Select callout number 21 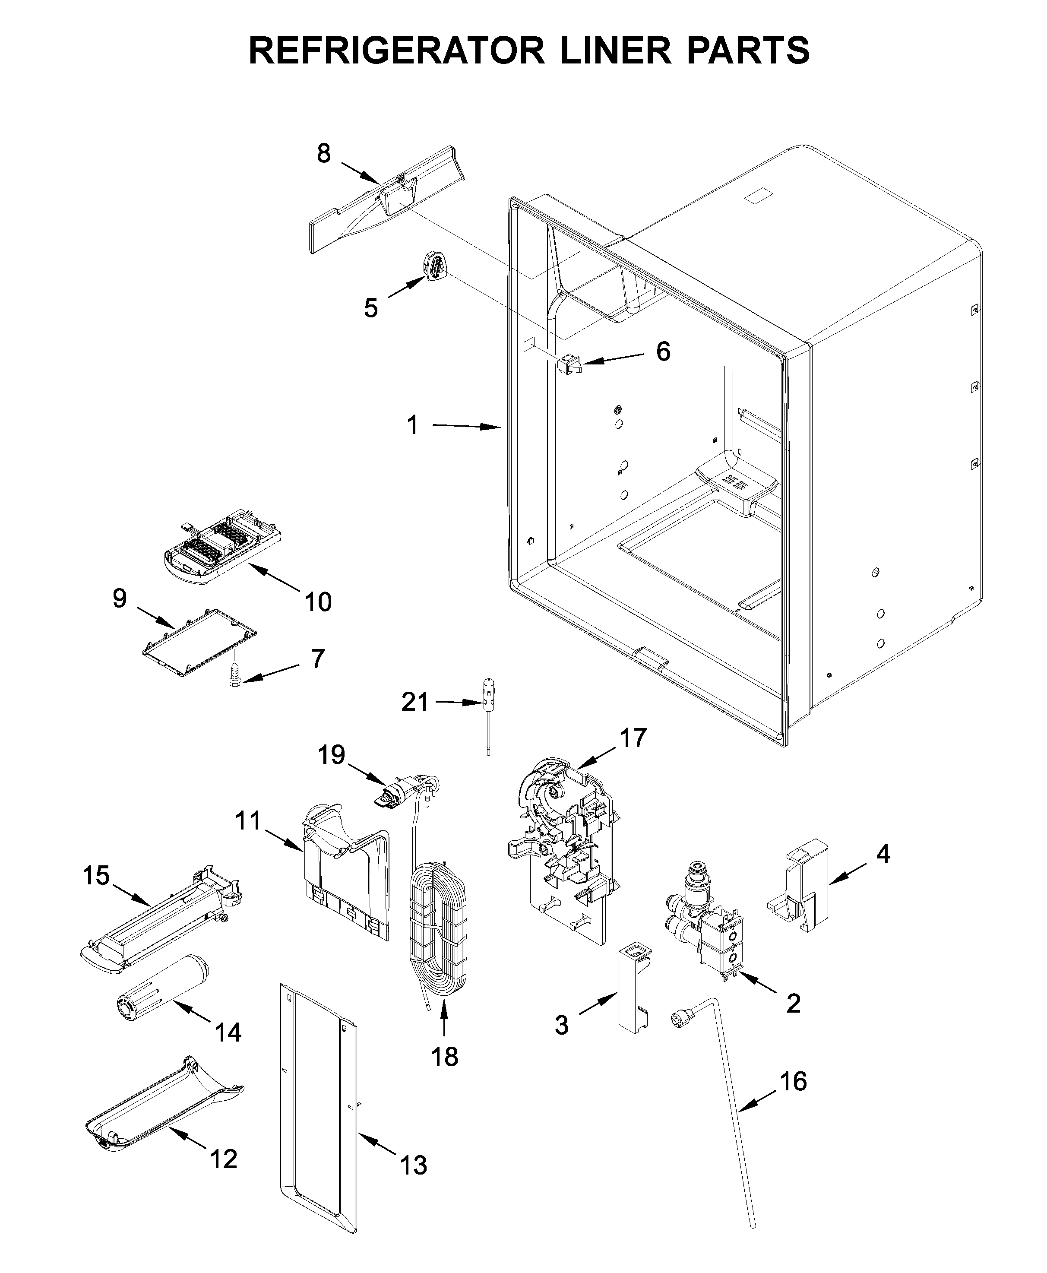415,702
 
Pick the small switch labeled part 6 568,364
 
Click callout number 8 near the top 324,154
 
